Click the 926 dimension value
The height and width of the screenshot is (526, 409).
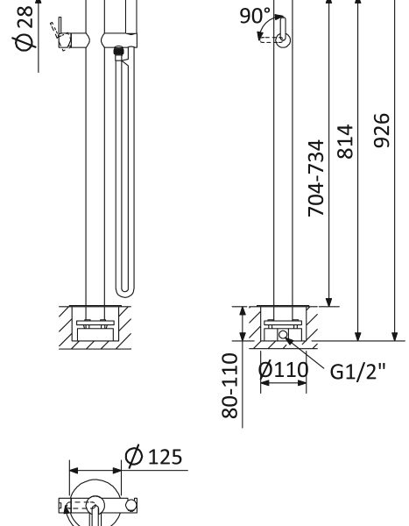coord(382,131)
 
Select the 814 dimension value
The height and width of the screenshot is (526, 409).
coord(345,141)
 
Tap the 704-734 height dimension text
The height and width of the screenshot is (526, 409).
coord(316,178)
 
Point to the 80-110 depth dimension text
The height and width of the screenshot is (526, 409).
coord(229,386)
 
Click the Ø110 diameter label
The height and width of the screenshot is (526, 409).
coord(283,370)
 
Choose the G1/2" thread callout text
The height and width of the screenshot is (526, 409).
coord(357,372)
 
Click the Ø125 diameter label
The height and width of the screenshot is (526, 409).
coord(153,456)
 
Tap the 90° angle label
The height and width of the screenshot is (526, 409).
coord(255,16)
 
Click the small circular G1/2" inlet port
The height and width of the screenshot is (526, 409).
coord(283,335)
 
